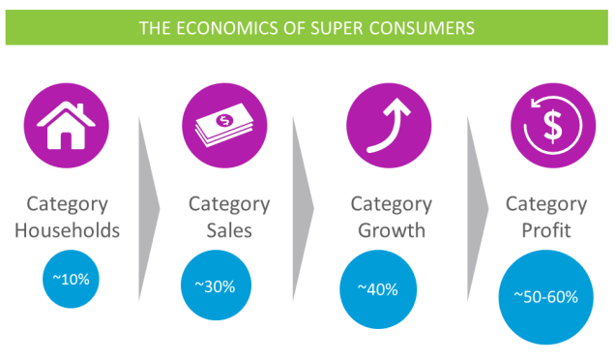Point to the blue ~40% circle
click(x=379, y=289)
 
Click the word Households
click(x=73, y=230)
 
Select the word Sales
click(x=228, y=230)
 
